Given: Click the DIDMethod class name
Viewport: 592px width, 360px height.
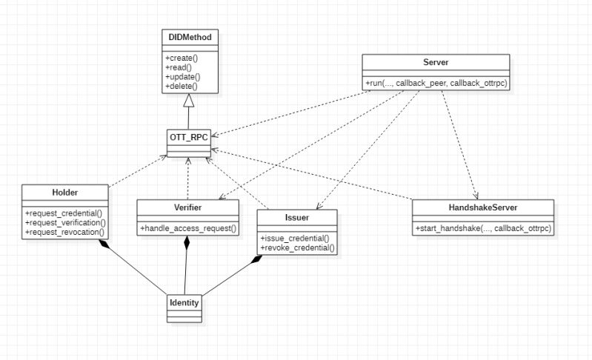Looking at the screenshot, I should point(190,36).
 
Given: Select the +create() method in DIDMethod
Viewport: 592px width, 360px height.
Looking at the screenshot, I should point(181,57).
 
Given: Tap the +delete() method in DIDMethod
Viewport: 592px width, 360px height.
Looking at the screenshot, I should point(181,86).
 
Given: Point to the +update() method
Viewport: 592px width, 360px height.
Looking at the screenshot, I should point(182,76).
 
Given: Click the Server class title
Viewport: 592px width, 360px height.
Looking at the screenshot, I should point(436,61).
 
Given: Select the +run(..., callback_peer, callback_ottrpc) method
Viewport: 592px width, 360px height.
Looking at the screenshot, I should point(436,81).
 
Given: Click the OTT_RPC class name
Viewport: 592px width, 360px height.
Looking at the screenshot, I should point(188,137).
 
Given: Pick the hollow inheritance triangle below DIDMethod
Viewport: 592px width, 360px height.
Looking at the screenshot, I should point(189,100).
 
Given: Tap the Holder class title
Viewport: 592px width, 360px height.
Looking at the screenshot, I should point(67,192).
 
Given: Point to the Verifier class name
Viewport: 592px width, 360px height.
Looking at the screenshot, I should point(188,207).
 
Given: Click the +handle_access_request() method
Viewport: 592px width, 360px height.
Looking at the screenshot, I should point(188,228).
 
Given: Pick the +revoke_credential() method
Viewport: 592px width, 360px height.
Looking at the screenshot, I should point(296,248).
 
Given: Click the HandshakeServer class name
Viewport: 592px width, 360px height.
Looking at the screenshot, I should point(483,207).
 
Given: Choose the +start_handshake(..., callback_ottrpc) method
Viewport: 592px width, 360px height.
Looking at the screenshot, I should point(483,227).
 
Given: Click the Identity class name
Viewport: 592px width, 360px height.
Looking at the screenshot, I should point(184,303).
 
